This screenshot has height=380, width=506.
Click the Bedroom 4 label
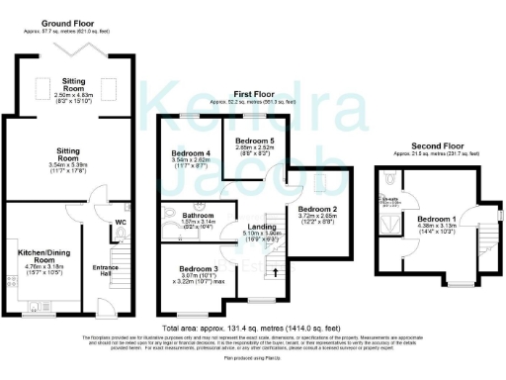coord(192,153)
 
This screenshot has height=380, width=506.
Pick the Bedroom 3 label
coord(199,269)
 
